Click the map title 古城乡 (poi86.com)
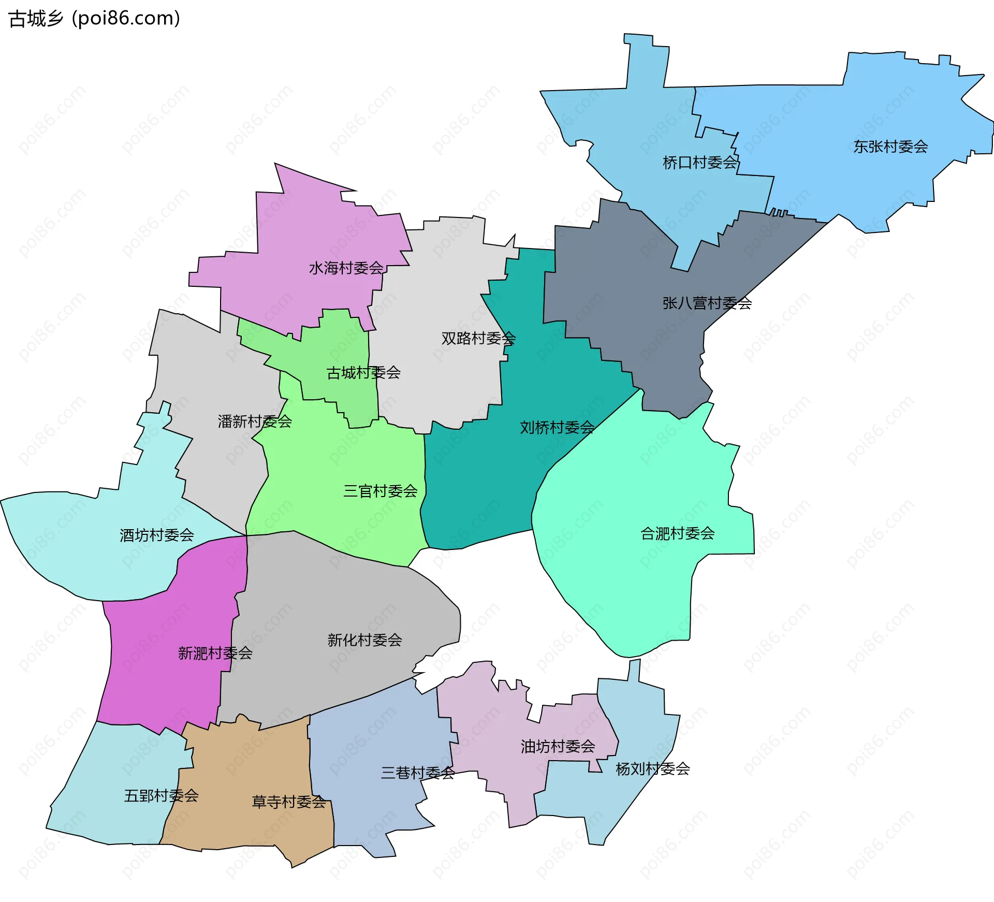coord(94,19)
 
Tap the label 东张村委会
coord(890,147)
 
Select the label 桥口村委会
coord(700,163)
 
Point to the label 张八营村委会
coord(707,303)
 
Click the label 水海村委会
coord(346,268)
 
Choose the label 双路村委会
coord(478,338)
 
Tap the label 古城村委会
coord(363,372)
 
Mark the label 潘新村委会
coord(255,421)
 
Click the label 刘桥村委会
coord(557,427)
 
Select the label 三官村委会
coord(381,491)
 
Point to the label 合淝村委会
coord(678,533)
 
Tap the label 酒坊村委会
coord(157,535)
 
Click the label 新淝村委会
coord(215,653)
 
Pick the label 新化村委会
coord(365,640)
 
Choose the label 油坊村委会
coord(558,746)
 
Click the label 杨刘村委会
coord(653,768)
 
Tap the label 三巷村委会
coord(418,773)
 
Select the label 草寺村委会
coord(289,802)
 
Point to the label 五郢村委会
coord(162,795)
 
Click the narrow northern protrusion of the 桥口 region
coord(646,62)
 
